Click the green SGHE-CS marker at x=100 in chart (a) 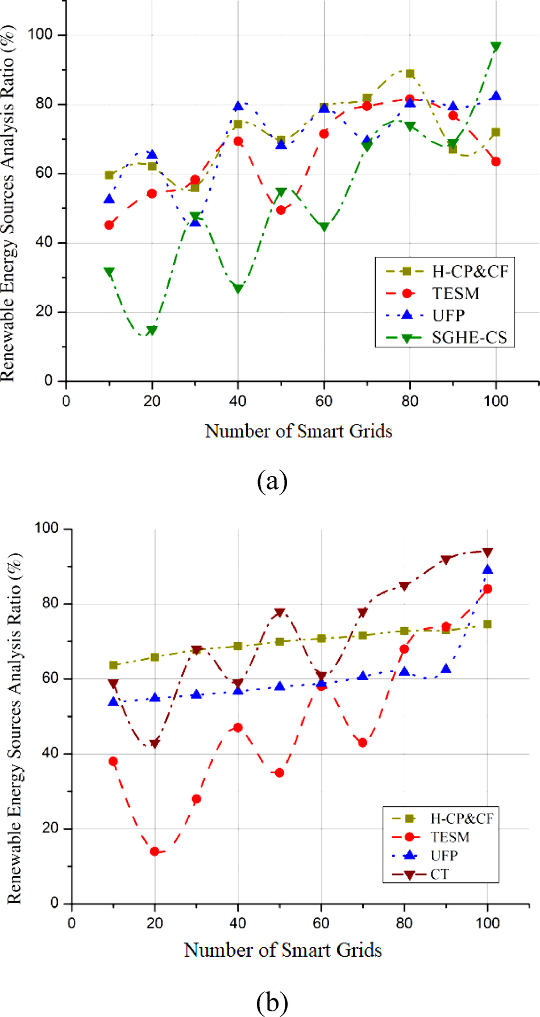(496, 47)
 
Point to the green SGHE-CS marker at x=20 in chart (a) (152, 331)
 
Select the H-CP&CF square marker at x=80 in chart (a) (410, 74)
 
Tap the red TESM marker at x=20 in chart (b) (155, 851)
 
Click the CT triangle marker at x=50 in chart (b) (280, 612)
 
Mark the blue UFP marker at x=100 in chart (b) (488, 570)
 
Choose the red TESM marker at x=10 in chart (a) (109, 225)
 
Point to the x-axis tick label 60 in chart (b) (321, 923)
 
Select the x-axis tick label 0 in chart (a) (66, 401)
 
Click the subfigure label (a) (272, 481)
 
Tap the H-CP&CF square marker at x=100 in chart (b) (487, 624)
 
